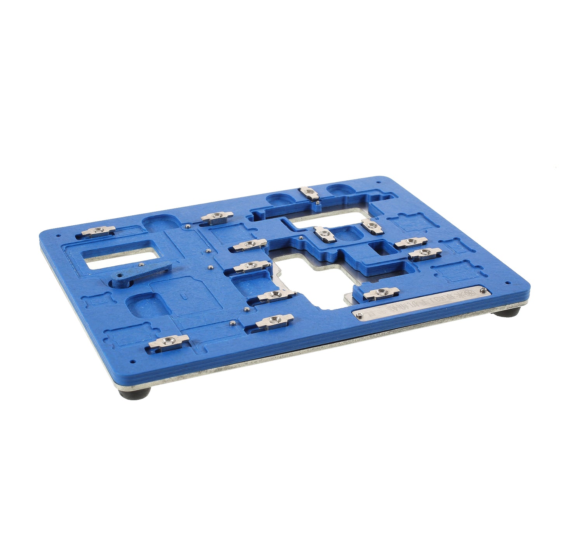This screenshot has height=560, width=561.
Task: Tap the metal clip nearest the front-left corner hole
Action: [168, 341]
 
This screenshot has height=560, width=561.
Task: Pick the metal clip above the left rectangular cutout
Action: [98, 231]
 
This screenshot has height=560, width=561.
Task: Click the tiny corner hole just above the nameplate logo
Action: [506, 283]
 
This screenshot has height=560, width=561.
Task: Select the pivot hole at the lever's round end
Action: [118, 282]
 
